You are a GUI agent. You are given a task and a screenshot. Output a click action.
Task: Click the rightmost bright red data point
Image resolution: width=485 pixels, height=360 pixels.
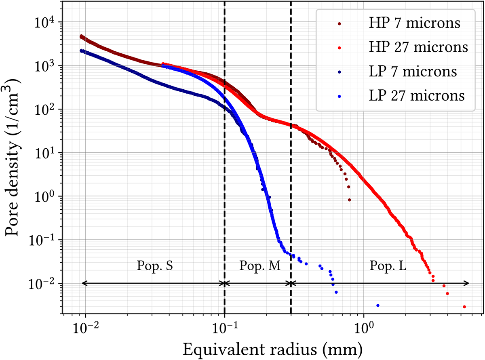(x=464, y=307)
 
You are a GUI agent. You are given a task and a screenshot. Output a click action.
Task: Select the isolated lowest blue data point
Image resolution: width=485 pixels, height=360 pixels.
(x=377, y=305)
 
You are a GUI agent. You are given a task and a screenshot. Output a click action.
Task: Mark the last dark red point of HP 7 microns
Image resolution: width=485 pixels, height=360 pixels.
(x=349, y=200)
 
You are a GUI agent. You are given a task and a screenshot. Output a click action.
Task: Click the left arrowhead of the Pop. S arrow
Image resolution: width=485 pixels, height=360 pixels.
(x=83, y=283)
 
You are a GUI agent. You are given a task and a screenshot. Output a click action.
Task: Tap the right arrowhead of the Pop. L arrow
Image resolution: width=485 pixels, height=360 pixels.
(x=468, y=283)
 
